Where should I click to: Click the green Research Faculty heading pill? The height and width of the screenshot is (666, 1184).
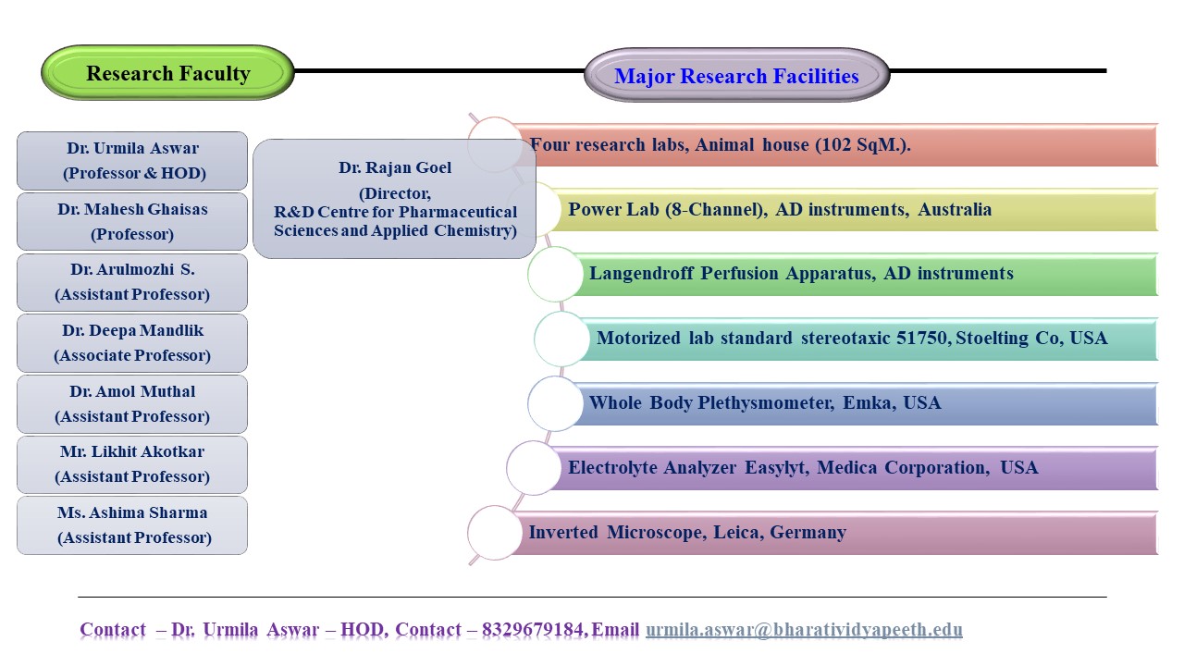click(x=167, y=73)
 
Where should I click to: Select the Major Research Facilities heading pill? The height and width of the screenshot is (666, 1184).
click(x=736, y=76)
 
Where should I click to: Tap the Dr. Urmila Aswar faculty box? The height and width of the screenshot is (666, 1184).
click(x=132, y=161)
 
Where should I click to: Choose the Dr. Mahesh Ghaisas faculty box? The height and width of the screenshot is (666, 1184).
click(x=132, y=221)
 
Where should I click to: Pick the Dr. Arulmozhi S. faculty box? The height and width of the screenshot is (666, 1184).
click(x=132, y=282)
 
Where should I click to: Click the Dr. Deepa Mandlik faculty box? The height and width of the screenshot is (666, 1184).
click(x=132, y=343)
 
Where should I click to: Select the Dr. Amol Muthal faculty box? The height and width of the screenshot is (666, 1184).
click(x=132, y=404)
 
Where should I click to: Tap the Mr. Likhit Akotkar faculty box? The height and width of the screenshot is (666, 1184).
click(x=132, y=464)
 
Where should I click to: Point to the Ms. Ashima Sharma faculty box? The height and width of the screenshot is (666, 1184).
click(x=132, y=525)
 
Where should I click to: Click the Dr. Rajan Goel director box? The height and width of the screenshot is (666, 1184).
click(x=394, y=199)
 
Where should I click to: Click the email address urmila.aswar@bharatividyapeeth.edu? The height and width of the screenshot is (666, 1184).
click(x=804, y=630)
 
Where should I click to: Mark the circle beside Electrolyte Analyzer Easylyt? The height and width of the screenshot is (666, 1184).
click(x=534, y=468)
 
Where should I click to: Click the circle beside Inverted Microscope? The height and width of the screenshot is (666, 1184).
click(x=495, y=533)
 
